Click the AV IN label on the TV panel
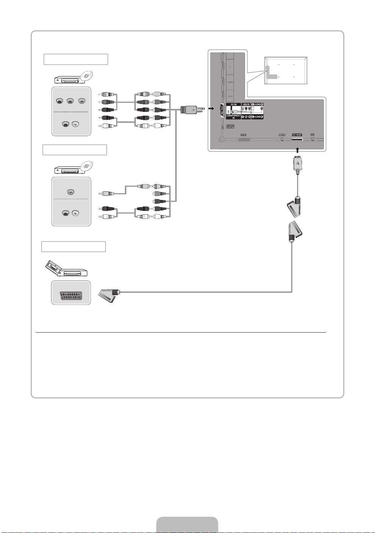[233, 104]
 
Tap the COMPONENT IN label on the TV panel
[233, 117]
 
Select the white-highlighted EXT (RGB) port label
[297, 135]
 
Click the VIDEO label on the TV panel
[246, 104]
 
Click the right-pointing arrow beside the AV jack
[212, 109]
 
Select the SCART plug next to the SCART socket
[109, 294]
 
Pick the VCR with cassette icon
[67, 270]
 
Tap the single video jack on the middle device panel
[70, 192]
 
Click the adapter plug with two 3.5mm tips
[192, 110]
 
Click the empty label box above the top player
[76, 59]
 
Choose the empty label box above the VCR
[73, 247]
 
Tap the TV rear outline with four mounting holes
[286, 70]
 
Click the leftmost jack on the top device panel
[60, 101]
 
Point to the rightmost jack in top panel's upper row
[81, 101]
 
